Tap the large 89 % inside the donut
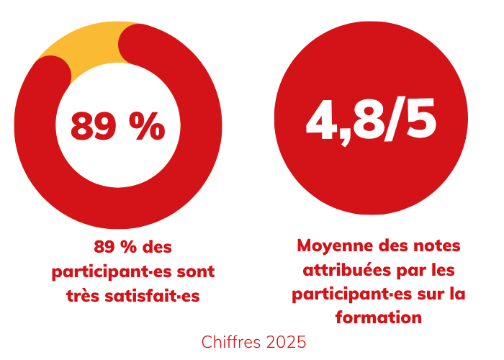coord(117,127)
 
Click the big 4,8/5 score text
coord(371,119)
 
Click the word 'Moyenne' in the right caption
coord(330,246)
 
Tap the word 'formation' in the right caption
coord(378,317)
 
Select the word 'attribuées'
coord(343,270)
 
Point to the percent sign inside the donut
coord(148,127)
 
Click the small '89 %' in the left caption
coord(115,247)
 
